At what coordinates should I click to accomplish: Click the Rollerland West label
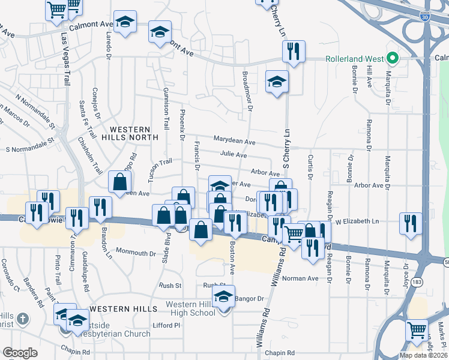coord(354,59)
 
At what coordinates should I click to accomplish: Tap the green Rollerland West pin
coord(393,58)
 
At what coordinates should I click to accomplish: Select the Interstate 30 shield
coord(425,19)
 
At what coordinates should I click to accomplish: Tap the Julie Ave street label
coord(233,155)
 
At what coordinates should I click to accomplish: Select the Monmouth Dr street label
coord(136,251)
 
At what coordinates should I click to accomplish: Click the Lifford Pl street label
coord(166,325)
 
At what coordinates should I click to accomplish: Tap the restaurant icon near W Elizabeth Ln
coord(411,224)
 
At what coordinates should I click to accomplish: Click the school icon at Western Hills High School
coord(223,296)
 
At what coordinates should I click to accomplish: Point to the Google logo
coord(20,353)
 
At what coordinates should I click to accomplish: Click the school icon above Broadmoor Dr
coord(277,81)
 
